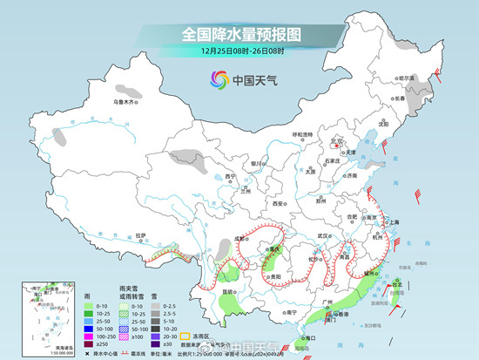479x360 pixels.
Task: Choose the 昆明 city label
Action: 226,291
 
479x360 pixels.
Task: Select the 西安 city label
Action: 277,202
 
